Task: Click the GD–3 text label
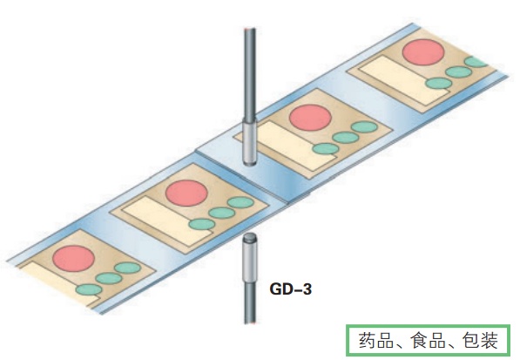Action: [291, 289]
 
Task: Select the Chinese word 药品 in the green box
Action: [376, 341]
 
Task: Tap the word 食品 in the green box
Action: [428, 341]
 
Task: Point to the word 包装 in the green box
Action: [480, 341]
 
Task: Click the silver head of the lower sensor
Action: [250, 257]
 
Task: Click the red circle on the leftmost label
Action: [74, 259]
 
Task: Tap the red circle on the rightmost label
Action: [423, 52]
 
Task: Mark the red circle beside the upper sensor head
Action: [310, 118]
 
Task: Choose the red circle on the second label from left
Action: [186, 194]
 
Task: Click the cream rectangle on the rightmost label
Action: [405, 80]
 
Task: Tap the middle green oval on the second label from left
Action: [222, 213]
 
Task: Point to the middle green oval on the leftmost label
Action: [109, 278]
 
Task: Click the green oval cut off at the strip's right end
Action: [476, 62]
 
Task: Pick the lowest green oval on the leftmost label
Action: [89, 289]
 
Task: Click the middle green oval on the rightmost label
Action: [459, 72]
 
